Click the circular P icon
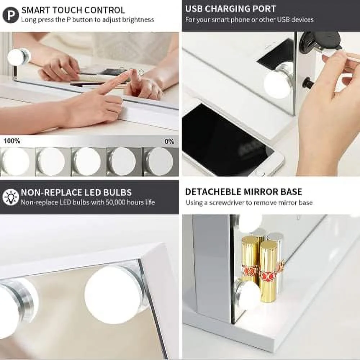[10, 15]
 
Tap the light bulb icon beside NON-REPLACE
[10, 197]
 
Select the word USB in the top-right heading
[194, 9]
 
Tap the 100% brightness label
[12, 141]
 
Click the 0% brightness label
[169, 141]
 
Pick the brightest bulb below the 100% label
[15, 161]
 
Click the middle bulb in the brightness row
[87, 161]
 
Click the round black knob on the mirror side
[307, 84]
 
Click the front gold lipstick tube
[268, 271]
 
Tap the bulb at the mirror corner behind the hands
[18, 57]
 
